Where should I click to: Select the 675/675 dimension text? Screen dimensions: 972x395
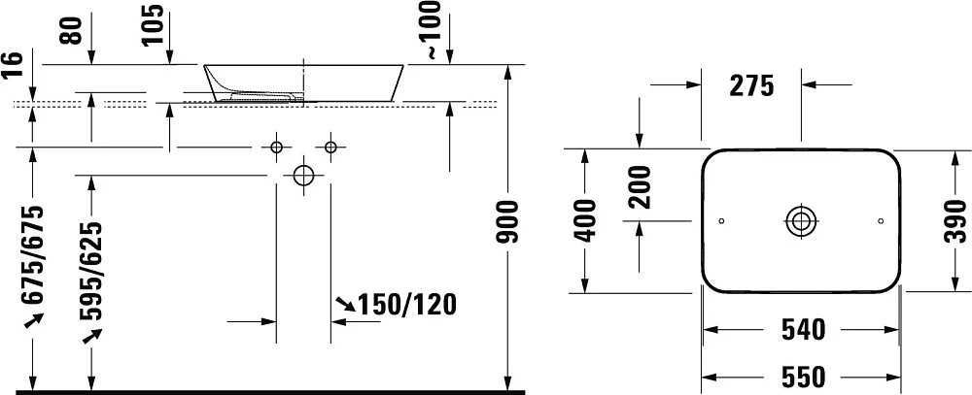coord(33,255)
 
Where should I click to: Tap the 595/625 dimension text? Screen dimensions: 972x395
coord(91,270)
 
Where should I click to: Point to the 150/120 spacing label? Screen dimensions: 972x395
coord(407,304)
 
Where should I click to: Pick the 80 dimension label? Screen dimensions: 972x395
coord(72,30)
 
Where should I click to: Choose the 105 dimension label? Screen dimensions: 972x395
coord(153,25)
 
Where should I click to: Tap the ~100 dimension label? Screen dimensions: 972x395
coord(432,30)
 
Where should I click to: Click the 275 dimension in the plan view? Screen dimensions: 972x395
coord(751,86)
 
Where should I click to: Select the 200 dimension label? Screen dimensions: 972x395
coord(640,187)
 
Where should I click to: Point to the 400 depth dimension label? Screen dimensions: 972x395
coord(586,219)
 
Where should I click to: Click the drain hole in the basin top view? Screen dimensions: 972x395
coord(801,221)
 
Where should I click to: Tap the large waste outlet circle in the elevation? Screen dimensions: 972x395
coord(303,176)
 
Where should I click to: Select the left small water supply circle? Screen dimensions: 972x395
coord(276,147)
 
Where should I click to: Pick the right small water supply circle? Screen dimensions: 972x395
coord(330,147)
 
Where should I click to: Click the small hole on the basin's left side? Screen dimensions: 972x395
coord(721,221)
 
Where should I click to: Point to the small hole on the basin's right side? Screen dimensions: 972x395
coord(881,221)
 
